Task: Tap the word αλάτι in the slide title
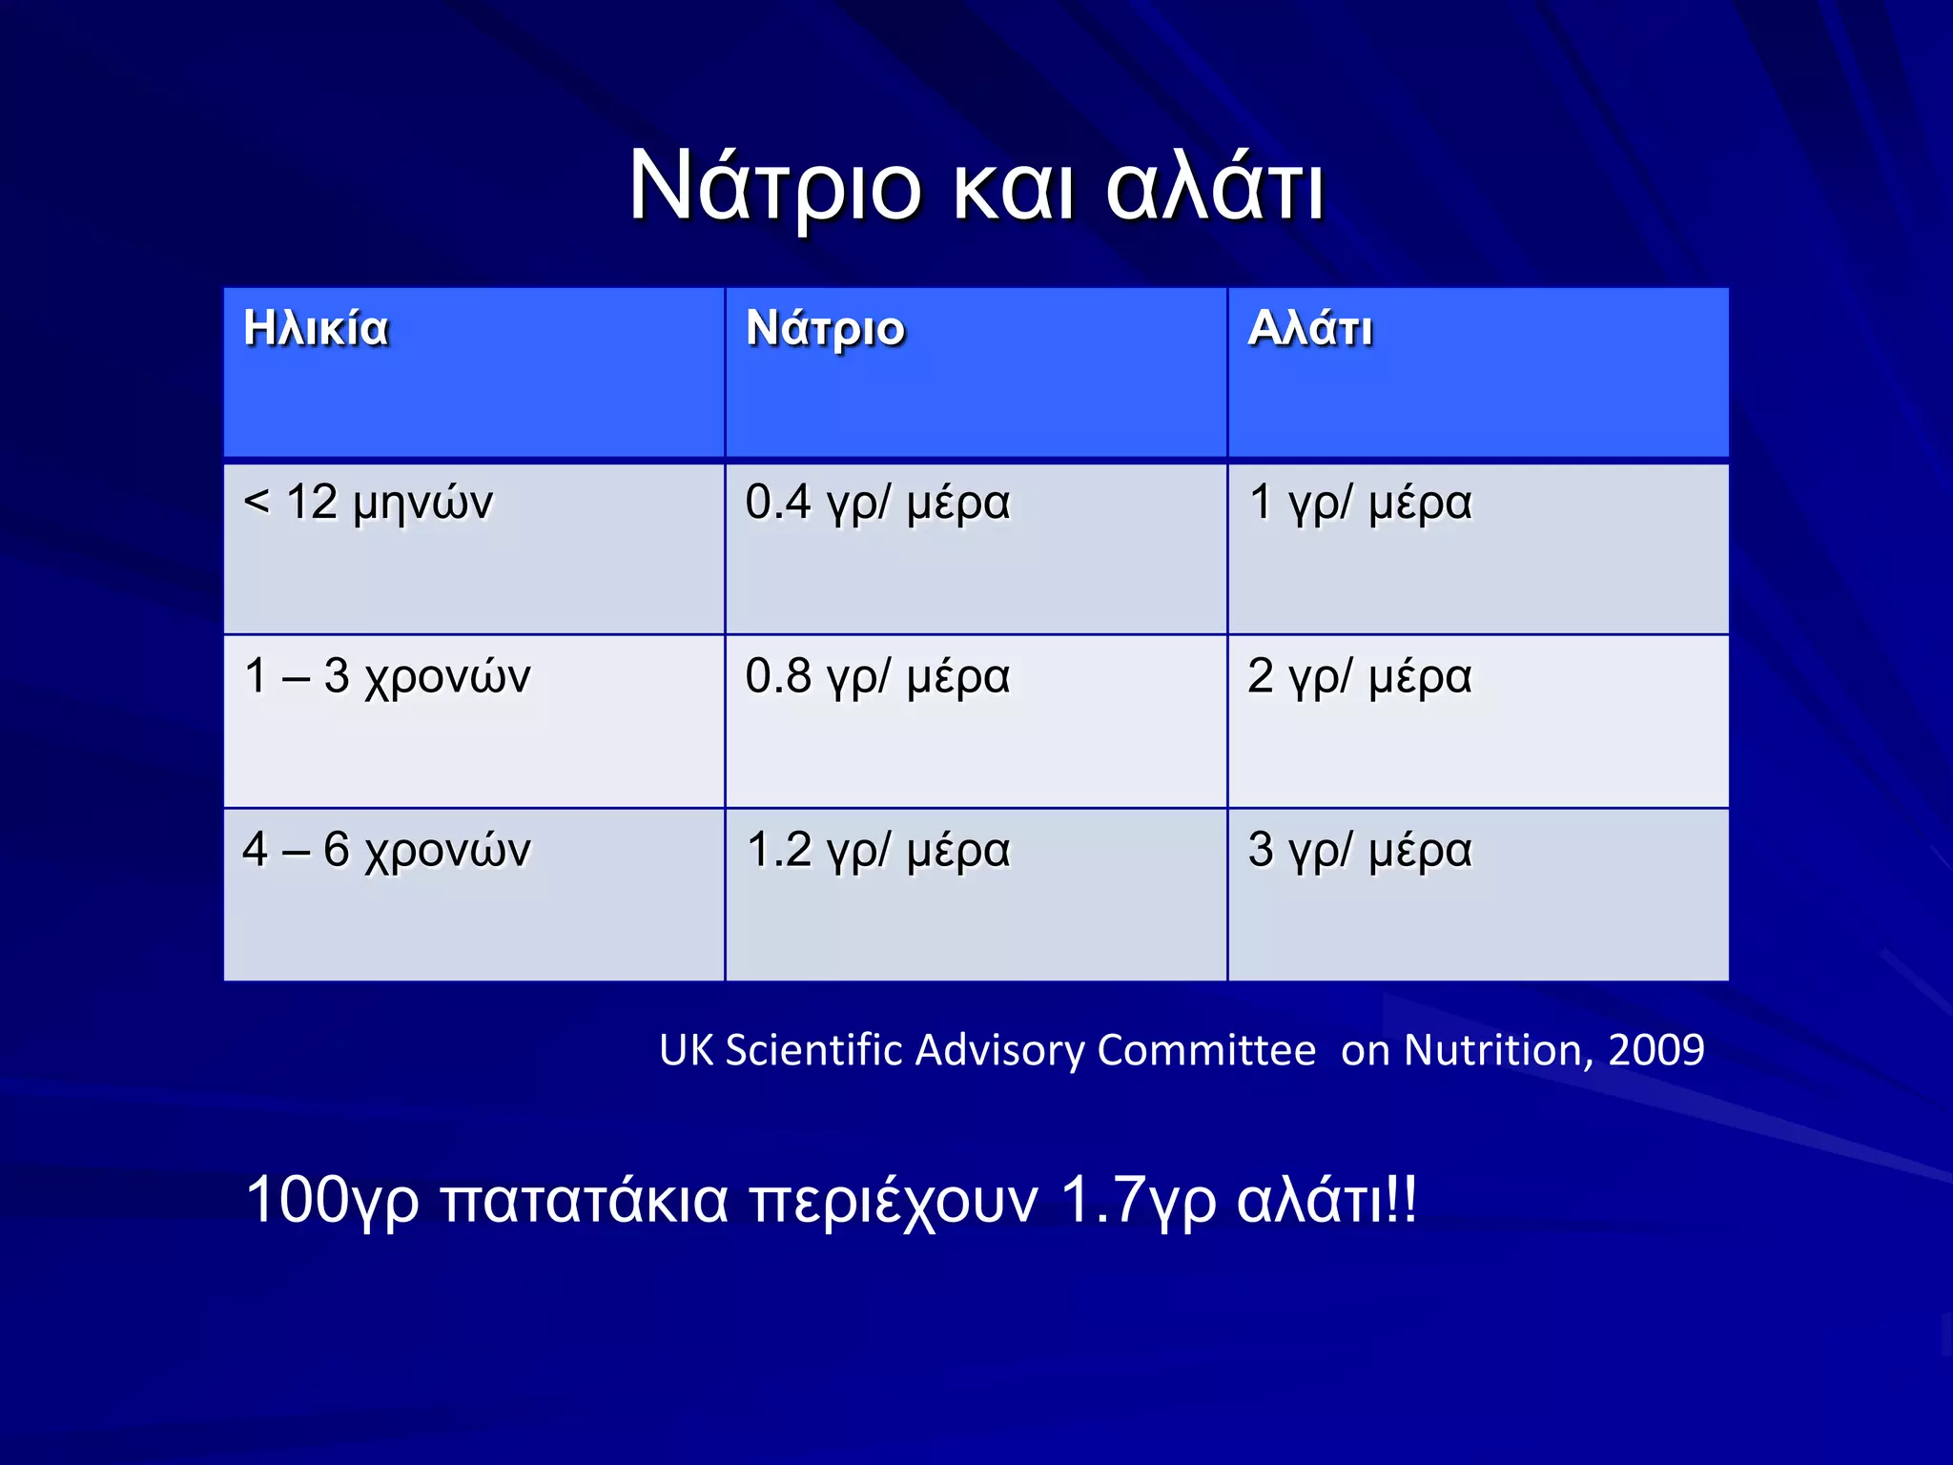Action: (x=1215, y=187)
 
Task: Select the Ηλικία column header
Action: (x=316, y=329)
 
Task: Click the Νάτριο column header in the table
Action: (x=825, y=329)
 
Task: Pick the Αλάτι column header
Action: (x=1310, y=329)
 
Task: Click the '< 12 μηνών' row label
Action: (x=368, y=503)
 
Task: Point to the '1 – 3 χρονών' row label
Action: (x=386, y=676)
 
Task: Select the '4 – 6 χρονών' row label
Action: (x=386, y=850)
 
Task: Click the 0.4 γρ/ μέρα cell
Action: (x=877, y=503)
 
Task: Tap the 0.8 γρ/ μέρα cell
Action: (x=877, y=676)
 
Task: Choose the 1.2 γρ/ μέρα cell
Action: (x=877, y=850)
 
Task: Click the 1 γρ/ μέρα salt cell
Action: (x=1360, y=503)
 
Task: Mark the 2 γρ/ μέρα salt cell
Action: (x=1360, y=676)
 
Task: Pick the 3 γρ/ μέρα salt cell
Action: (x=1360, y=850)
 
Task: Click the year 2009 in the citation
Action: (x=1656, y=1050)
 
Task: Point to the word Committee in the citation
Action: (x=1206, y=1050)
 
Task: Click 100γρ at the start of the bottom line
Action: (x=332, y=1200)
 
